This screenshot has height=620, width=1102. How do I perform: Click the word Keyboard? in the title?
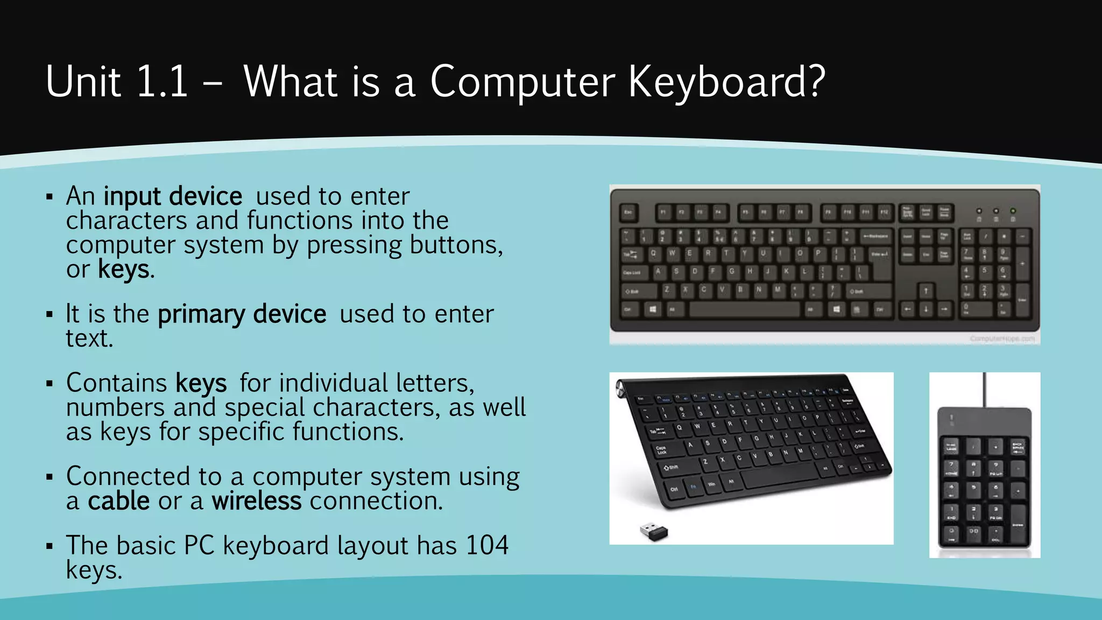[726, 82]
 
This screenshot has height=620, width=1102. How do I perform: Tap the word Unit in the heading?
[83, 82]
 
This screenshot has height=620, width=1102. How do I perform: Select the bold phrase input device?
[173, 196]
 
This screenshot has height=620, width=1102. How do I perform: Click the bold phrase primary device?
[242, 314]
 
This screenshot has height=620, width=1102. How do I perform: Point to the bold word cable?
[119, 501]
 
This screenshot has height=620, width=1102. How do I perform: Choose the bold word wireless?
[256, 501]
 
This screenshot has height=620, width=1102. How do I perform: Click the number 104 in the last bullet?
[487, 545]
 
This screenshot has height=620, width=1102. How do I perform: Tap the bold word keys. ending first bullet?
[126, 270]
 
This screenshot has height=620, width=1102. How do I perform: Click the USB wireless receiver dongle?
[654, 532]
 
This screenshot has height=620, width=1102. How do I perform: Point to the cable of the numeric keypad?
[984, 390]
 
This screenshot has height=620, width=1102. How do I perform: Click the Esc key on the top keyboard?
[628, 213]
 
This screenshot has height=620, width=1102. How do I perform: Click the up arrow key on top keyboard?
[926, 291]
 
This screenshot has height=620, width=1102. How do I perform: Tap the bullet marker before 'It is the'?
[50, 314]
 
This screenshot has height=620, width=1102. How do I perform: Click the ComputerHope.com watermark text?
[1002, 339]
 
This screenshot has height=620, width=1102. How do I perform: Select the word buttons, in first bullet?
[456, 245]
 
